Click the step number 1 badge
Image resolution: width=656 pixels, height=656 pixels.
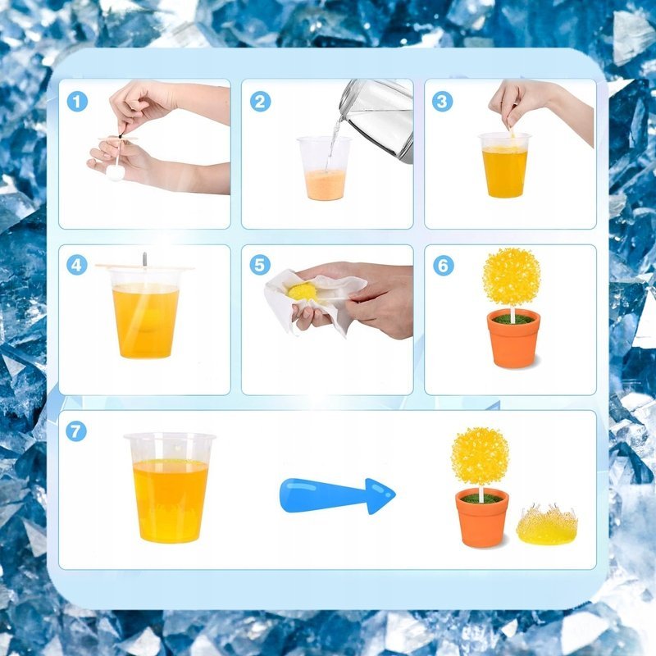point(77,102)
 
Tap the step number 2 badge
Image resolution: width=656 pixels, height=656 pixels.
point(260,102)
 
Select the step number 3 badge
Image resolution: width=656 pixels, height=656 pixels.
point(442,101)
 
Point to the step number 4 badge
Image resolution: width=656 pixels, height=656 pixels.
point(77,265)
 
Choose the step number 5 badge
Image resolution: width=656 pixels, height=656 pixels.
point(260,265)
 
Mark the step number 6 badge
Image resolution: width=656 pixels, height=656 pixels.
point(443,265)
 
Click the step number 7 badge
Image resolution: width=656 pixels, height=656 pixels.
point(76,431)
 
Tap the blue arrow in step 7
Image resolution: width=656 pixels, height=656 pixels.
point(337,496)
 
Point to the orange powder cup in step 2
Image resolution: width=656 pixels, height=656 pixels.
point(324,168)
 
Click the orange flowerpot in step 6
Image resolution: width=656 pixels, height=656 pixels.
point(514,338)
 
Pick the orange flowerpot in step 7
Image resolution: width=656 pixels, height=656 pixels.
point(482,517)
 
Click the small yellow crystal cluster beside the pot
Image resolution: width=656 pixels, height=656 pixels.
point(547,524)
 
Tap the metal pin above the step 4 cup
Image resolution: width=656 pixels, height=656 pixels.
point(145,260)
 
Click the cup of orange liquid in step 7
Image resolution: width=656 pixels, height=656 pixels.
point(170,488)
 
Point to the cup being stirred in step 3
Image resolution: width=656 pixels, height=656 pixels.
point(505,166)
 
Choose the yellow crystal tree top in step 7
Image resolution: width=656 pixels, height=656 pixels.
point(481,457)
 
